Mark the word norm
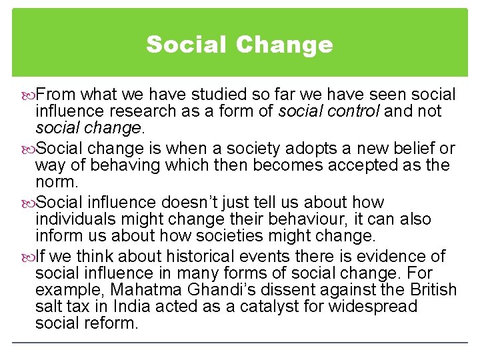coord(57,181)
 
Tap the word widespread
coord(377,306)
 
